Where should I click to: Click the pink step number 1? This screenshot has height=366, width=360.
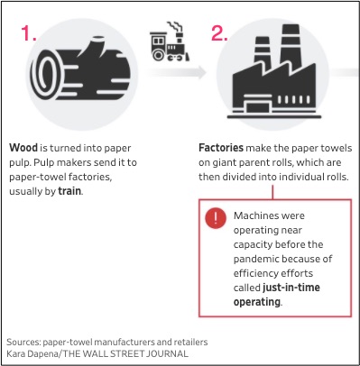click(29, 33)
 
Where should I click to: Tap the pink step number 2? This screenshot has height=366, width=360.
click(219, 33)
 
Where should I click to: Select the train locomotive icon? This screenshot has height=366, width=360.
click(170, 42)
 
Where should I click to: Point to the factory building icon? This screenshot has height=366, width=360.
click(273, 72)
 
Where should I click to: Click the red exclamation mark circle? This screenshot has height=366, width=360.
click(216, 218)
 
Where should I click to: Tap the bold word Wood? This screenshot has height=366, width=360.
click(23, 148)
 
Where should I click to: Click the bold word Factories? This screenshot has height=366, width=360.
click(221, 148)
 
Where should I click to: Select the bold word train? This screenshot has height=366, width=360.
click(69, 191)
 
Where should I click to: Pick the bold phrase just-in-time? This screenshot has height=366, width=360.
click(291, 288)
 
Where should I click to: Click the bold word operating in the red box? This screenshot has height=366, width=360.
click(257, 302)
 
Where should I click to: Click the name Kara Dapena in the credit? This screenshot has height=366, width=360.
click(32, 353)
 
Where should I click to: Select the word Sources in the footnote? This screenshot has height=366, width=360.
click(23, 342)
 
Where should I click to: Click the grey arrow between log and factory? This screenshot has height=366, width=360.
click(177, 72)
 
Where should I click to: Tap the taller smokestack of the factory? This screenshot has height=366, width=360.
click(291, 44)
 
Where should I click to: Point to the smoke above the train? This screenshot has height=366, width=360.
click(175, 27)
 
